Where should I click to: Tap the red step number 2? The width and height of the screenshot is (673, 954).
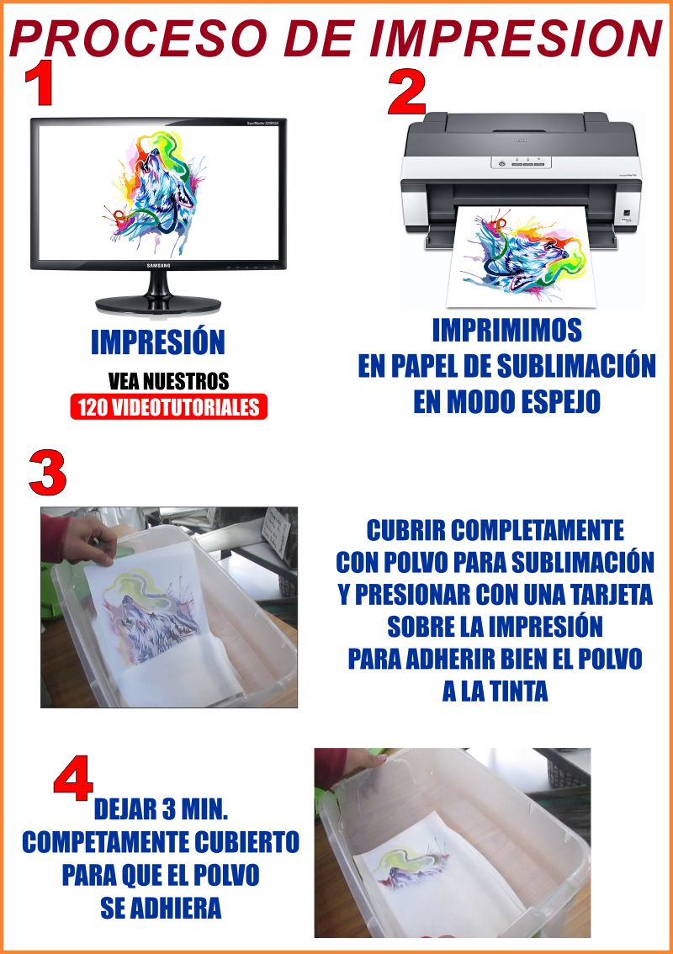point(407,93)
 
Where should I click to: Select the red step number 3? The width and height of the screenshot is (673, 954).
point(47,473)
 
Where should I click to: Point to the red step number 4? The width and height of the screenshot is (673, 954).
point(73,777)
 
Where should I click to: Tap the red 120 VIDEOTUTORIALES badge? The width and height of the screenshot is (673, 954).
point(169,407)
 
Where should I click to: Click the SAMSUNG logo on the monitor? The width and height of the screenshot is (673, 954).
point(158,266)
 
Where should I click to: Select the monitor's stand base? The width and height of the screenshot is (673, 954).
point(158,304)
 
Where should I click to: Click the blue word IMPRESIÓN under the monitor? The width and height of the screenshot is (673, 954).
point(158,342)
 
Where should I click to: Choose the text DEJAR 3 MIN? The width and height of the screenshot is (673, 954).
point(162,810)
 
